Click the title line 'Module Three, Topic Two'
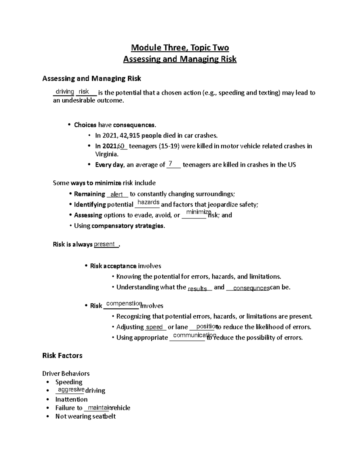pyautogui.click(x=180, y=48)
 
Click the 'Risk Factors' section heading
pyautogui.click(x=62, y=356)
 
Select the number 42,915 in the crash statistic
pyautogui.click(x=130, y=136)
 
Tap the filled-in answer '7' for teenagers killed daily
pyautogui.click(x=170, y=164)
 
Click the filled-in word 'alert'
pyautogui.click(x=117, y=194)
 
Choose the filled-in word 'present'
pyautogui.click(x=104, y=244)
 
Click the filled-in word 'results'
pyautogui.click(x=197, y=289)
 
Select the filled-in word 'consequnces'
pyautogui.click(x=251, y=288)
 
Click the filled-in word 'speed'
pyautogui.click(x=154, y=327)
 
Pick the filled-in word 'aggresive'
pyautogui.click(x=71, y=389)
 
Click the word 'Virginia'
pyautogui.click(x=106, y=155)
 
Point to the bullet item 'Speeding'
pyautogui.click(x=69, y=382)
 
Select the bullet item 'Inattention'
pyautogui.click(x=71, y=399)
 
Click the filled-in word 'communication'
pyautogui.click(x=194, y=335)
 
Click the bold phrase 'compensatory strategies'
pyautogui.click(x=128, y=226)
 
